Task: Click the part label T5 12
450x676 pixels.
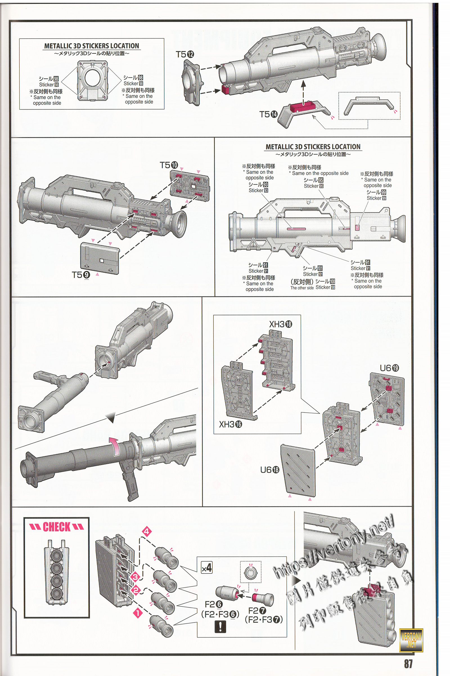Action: pos(185,54)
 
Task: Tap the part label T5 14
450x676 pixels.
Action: pos(268,114)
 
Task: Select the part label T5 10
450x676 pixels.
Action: pos(169,165)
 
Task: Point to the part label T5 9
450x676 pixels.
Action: pos(81,275)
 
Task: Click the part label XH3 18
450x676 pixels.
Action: pos(280,324)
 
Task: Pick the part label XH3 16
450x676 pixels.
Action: pos(230,424)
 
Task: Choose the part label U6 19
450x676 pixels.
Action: pos(389,368)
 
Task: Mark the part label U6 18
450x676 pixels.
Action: pos(269,470)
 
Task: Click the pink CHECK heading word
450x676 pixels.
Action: pos(57,527)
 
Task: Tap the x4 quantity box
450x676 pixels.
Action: pos(207,568)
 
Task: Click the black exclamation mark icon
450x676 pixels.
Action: pos(220,627)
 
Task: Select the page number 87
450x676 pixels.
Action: pos(408,664)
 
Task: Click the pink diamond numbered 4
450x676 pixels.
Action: pos(147,531)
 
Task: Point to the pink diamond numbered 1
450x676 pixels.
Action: pos(138,613)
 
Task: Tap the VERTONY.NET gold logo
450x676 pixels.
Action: pos(411,640)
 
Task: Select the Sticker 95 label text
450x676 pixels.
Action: pos(313,186)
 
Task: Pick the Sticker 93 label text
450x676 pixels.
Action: pos(258,190)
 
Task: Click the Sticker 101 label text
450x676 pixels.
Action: pos(312,274)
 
